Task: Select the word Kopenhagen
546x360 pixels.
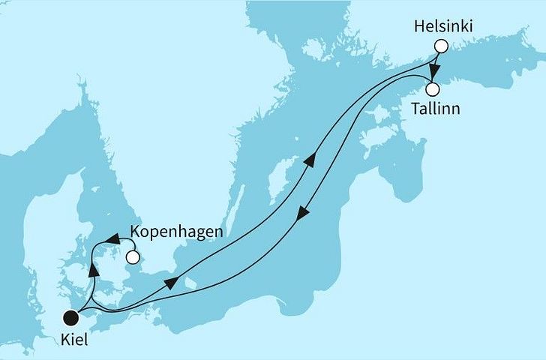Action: (176, 232)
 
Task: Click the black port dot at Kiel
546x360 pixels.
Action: (70, 319)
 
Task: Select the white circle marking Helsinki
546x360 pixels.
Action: (441, 46)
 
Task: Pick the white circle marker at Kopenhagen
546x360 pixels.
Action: (133, 258)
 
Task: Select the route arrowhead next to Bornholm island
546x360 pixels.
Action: (172, 282)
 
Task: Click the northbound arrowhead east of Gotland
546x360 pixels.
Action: (308, 159)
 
